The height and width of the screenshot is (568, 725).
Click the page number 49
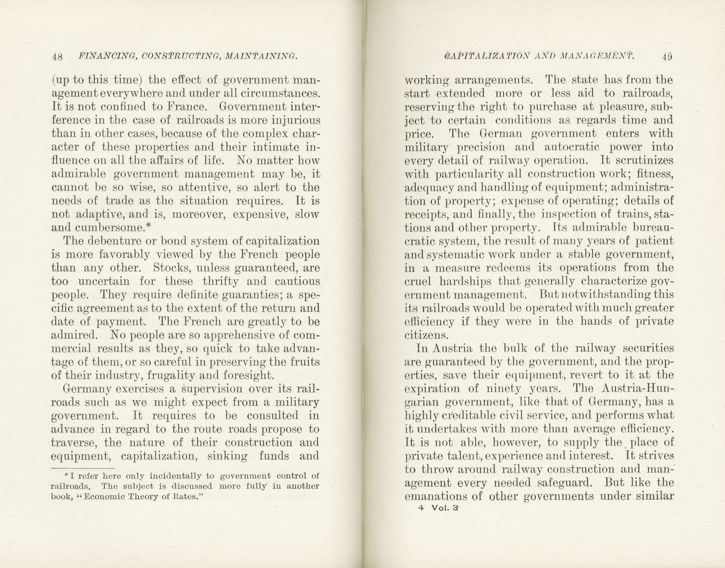[667, 56]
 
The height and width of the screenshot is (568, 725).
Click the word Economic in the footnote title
[112, 497]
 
